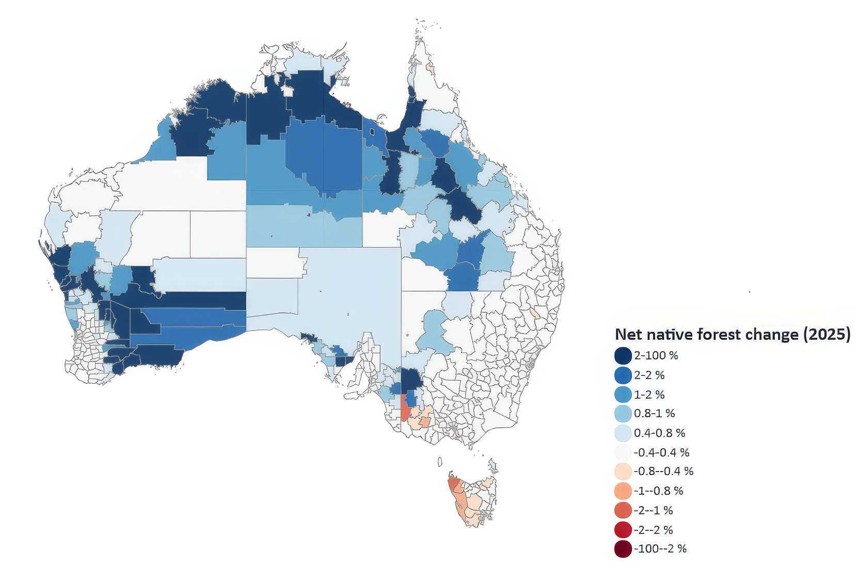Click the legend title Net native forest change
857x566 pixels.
(x=732, y=334)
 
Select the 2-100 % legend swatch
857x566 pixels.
(x=623, y=356)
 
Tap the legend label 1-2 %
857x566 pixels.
(x=649, y=395)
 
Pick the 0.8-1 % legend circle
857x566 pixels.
(x=623, y=414)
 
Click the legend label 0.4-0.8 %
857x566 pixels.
(x=659, y=433)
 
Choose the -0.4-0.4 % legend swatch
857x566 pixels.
(x=623, y=452)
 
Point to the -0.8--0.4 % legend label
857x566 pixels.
(x=663, y=471)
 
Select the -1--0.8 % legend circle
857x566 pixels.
(x=623, y=491)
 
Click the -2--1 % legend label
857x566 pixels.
(x=653, y=510)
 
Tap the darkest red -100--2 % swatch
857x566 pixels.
(x=623, y=549)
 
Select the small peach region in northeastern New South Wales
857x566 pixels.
(x=535, y=313)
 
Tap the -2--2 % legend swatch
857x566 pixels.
(x=623, y=530)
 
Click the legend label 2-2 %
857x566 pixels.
(x=649, y=375)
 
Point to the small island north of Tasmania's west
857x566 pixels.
(x=440, y=462)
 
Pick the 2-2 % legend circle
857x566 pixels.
(x=623, y=375)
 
